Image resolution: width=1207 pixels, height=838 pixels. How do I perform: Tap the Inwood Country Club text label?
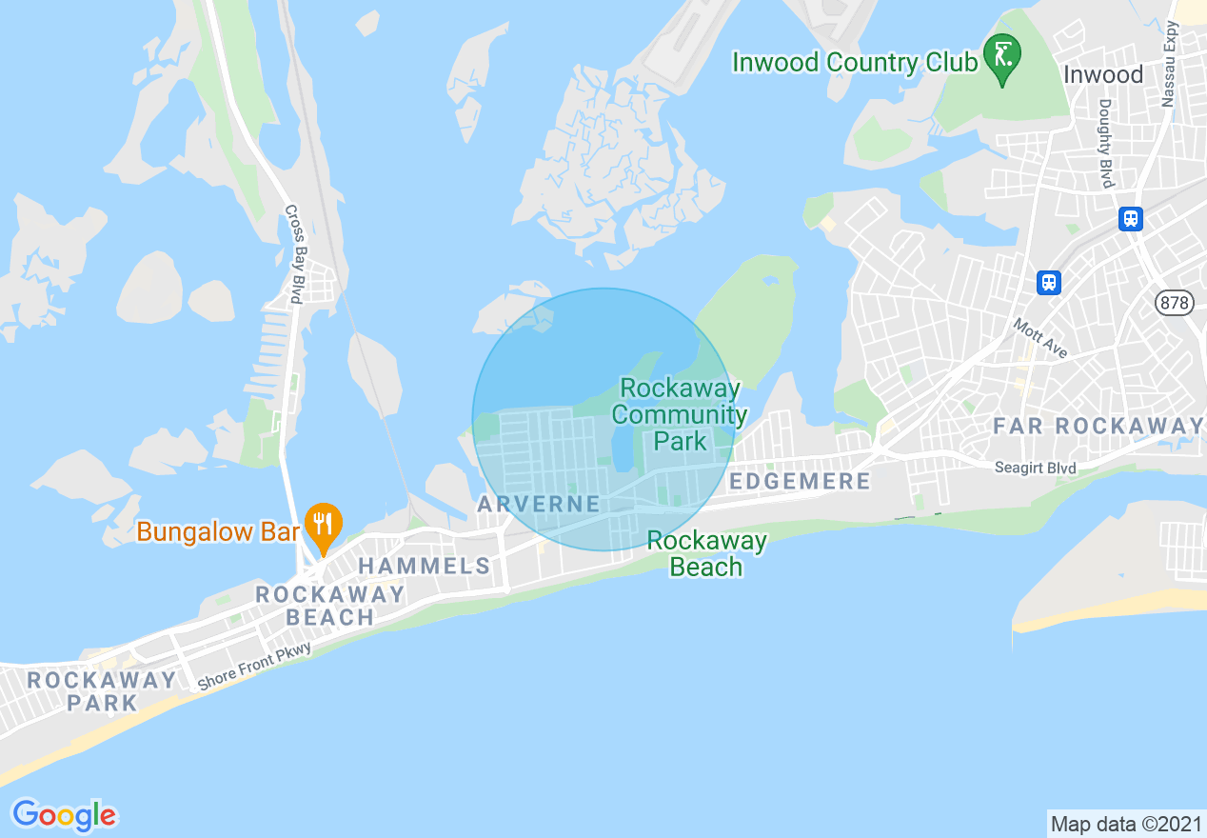pos(854,63)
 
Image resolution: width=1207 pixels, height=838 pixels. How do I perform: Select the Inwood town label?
pos(1102,74)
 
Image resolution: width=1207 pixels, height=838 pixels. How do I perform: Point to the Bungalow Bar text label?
pos(218,531)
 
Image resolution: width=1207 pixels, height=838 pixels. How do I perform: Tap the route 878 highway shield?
pos(1174,303)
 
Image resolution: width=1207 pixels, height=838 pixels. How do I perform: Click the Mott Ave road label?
pos(1039,338)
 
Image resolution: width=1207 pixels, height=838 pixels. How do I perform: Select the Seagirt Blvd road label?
pos(1035,468)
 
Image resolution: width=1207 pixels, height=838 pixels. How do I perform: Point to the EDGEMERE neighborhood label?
pos(800,481)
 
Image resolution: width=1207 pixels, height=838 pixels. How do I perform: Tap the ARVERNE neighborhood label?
pos(539,504)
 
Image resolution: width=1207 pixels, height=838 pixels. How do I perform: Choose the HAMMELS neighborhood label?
pos(424,567)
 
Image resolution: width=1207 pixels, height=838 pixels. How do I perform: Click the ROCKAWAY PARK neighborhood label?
pos(102,691)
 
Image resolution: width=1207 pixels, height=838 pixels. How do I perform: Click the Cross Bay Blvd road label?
pos(294,254)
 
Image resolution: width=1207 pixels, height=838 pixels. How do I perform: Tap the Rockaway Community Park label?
pos(680,414)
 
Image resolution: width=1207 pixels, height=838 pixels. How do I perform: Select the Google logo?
pos(64,815)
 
